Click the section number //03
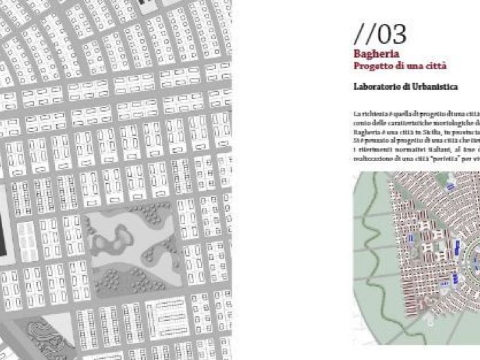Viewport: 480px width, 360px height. pyautogui.click(x=380, y=34)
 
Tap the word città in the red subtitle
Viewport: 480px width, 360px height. pyautogui.click(x=434, y=66)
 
